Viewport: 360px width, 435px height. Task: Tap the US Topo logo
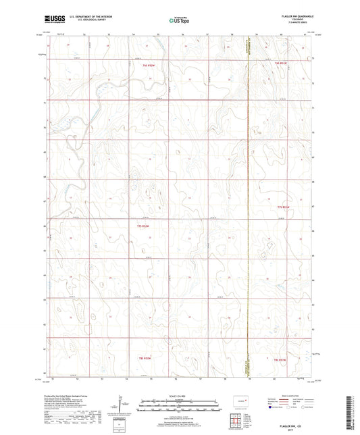point(179,21)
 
